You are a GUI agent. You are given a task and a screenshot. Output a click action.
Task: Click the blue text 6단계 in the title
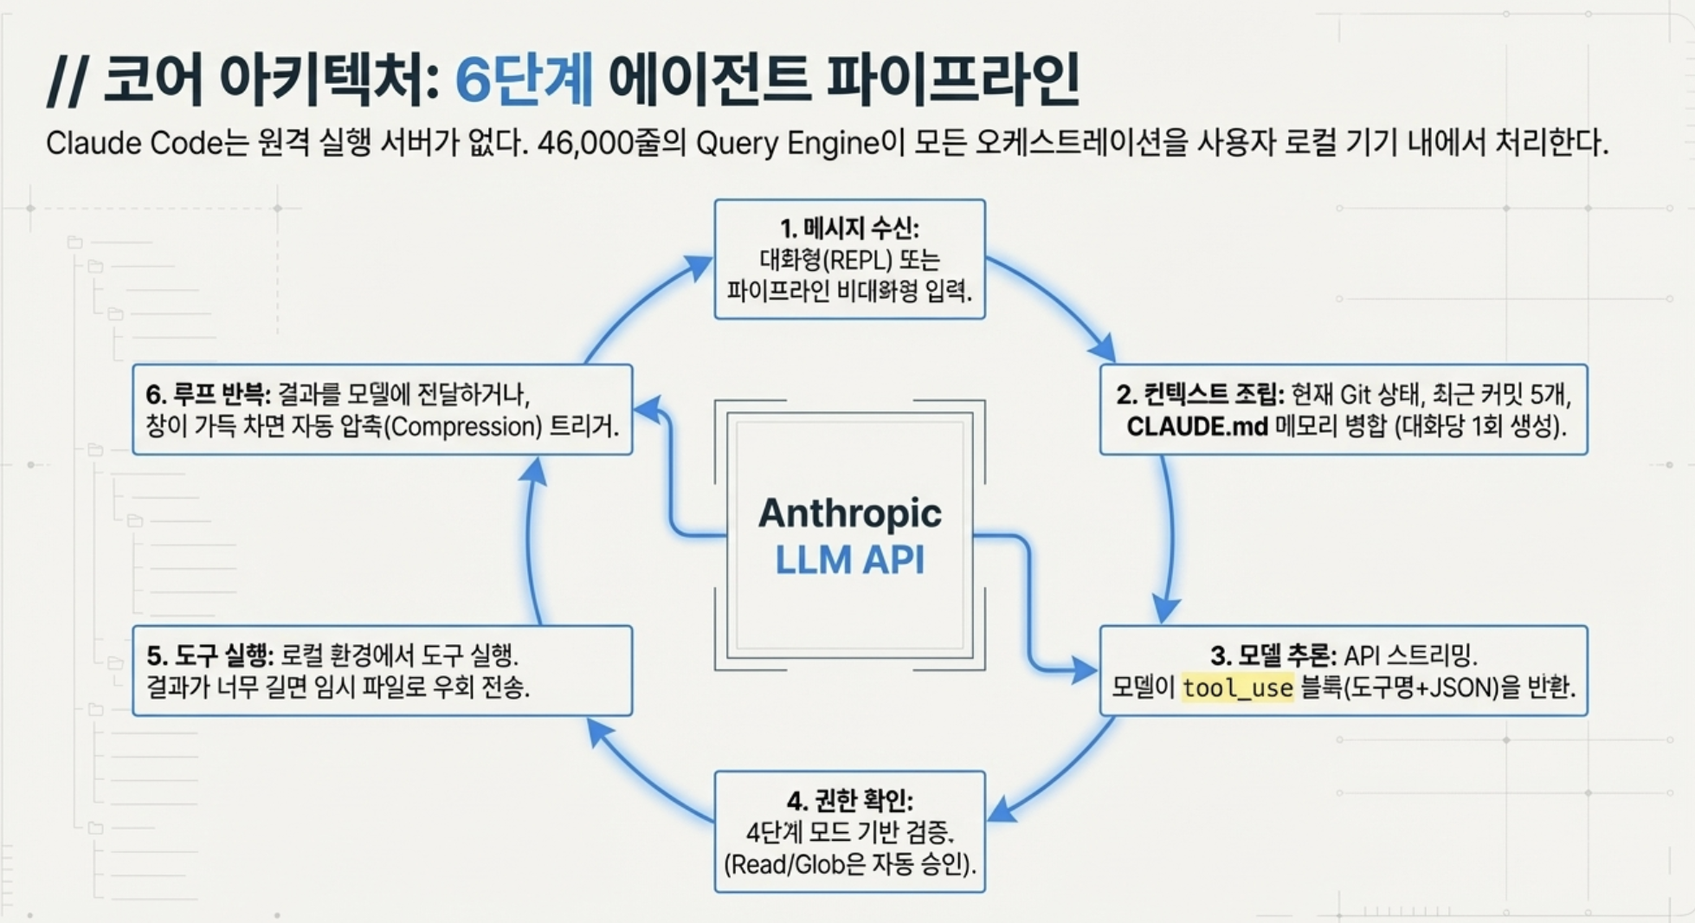point(524,79)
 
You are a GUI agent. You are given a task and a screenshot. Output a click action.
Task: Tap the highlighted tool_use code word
point(1237,687)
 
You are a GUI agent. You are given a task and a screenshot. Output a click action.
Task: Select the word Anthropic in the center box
point(849,513)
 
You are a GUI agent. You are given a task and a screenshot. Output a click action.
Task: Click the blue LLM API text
point(849,559)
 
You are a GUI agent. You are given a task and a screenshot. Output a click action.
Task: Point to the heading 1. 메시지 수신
point(849,228)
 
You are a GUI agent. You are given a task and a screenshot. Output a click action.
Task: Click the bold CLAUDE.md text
point(1196,426)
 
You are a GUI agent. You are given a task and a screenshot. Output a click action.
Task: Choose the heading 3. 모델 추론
point(1273,655)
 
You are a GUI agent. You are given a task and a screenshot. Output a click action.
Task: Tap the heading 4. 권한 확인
point(849,800)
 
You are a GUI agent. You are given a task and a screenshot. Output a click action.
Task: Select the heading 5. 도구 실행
point(210,655)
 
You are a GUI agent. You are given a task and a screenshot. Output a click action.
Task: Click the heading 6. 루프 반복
point(208,395)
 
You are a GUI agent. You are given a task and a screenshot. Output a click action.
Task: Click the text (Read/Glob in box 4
point(783,864)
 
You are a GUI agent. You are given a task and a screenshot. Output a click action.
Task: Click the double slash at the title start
point(66,81)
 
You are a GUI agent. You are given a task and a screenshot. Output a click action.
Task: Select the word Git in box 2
point(1355,395)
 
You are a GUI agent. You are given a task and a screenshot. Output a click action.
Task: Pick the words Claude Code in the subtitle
point(134,143)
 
